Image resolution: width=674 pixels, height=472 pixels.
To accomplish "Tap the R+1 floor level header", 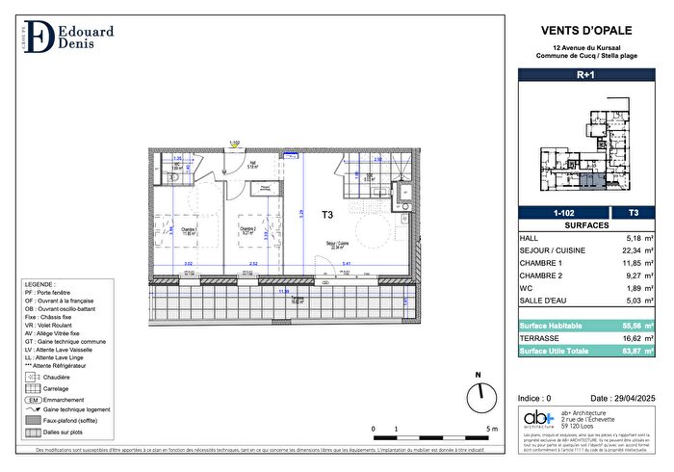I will [x=584, y=73].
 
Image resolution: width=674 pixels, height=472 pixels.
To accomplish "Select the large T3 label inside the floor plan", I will [x=327, y=215].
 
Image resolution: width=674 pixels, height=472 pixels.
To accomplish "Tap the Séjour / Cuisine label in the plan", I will [x=337, y=244].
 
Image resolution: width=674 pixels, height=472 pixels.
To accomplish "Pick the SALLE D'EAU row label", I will [x=543, y=301].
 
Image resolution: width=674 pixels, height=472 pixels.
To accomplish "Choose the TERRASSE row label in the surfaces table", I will [x=539, y=339].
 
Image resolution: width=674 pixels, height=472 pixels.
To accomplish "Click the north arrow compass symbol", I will [x=477, y=393].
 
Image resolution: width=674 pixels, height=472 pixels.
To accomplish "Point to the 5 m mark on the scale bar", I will [x=491, y=428].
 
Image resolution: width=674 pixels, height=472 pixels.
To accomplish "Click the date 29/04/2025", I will [x=615, y=398].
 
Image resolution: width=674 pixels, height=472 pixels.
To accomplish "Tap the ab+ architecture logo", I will [x=537, y=418].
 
